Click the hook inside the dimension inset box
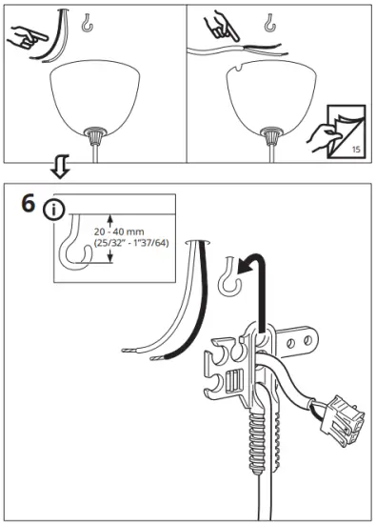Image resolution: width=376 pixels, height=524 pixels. (73, 250)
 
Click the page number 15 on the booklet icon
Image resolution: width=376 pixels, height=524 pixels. (356, 149)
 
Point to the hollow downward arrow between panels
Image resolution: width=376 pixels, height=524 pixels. (59, 168)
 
